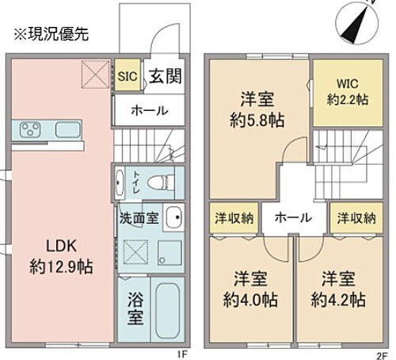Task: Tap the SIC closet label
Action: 128,76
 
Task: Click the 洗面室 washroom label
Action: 138,215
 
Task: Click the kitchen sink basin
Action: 67,129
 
